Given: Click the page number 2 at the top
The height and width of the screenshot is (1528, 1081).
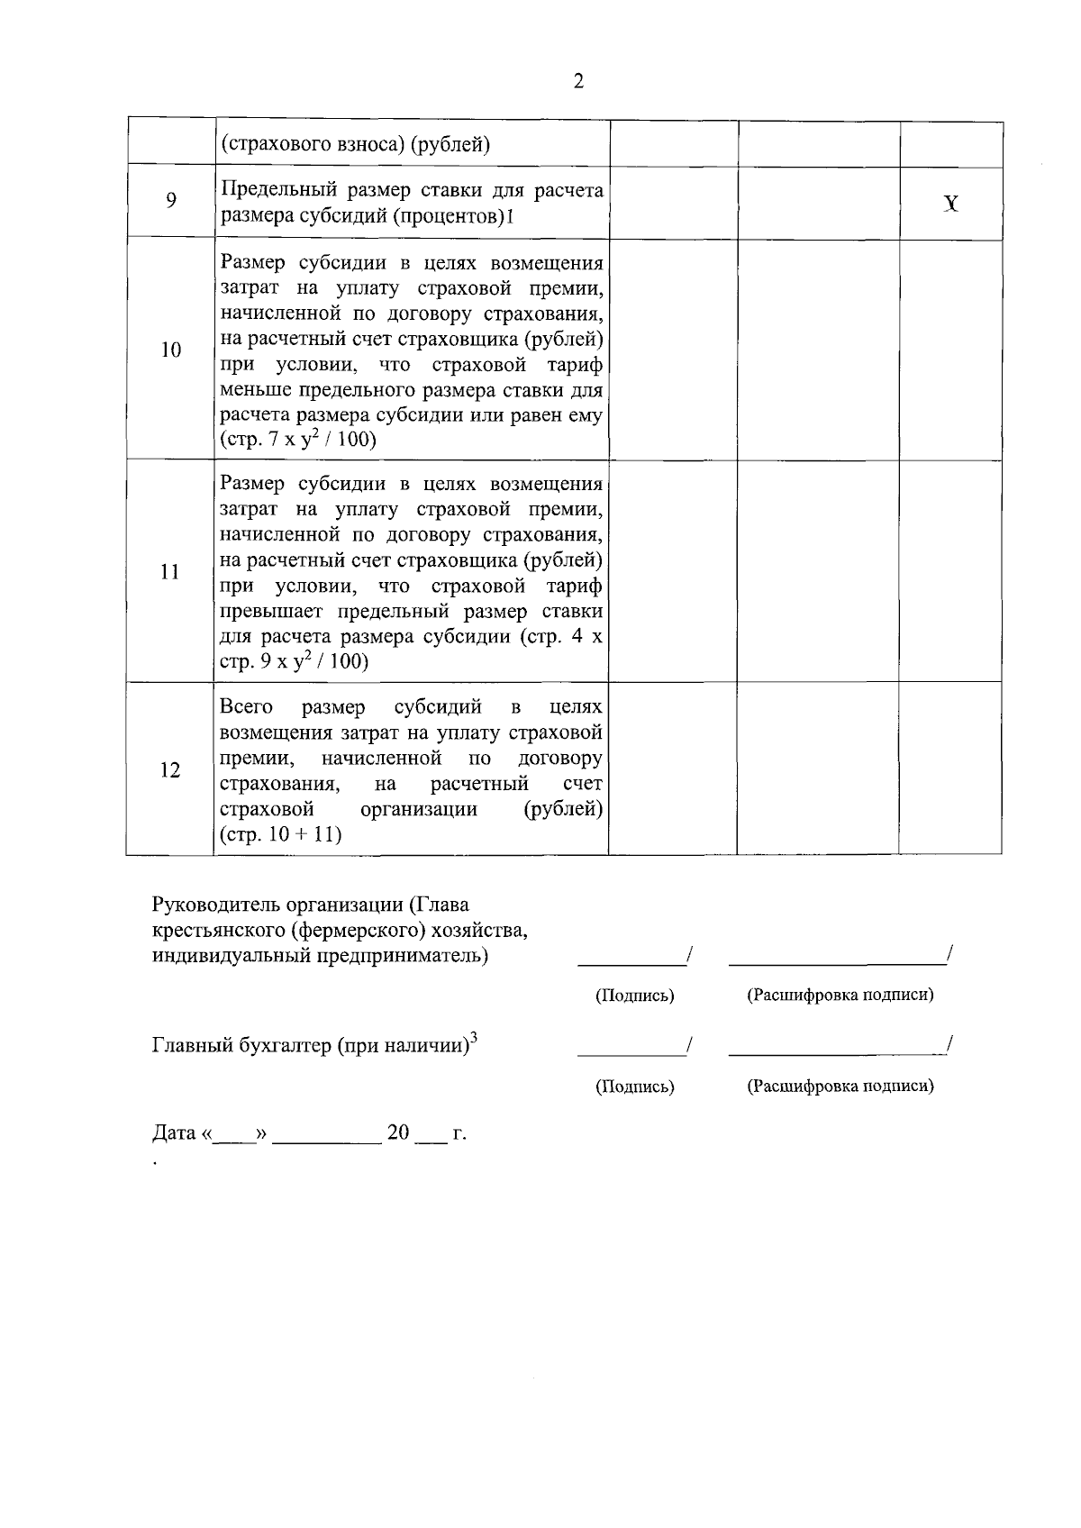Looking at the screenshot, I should pyautogui.click(x=578, y=82).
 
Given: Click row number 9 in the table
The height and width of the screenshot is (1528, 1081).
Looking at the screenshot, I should pyautogui.click(x=170, y=200).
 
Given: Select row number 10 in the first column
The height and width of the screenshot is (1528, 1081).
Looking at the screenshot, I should pyautogui.click(x=170, y=350).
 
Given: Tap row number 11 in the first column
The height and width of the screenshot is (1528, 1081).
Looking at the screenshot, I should pyautogui.click(x=170, y=572).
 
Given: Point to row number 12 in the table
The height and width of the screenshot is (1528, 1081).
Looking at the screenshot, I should pyautogui.click(x=170, y=770).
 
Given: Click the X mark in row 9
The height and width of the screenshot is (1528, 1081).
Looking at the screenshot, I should pyautogui.click(x=950, y=205).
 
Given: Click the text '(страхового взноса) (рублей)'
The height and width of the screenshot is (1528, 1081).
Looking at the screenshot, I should pyautogui.click(x=355, y=144).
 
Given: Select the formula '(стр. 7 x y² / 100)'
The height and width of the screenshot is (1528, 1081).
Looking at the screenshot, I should pyautogui.click(x=298, y=441).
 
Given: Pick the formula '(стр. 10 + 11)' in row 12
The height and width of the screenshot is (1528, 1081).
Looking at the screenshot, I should pyautogui.click(x=280, y=834).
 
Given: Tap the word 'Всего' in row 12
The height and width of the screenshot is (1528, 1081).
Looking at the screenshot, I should pyautogui.click(x=246, y=707).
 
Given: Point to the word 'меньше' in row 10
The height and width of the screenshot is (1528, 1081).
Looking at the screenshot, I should pyautogui.click(x=248, y=390).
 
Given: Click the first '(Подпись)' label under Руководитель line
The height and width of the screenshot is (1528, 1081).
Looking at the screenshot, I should pyautogui.click(x=634, y=996).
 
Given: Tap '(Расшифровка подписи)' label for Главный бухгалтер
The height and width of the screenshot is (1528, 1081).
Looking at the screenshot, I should pyautogui.click(x=840, y=1086).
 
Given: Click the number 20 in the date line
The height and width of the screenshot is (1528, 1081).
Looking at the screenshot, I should pyautogui.click(x=398, y=1132).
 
